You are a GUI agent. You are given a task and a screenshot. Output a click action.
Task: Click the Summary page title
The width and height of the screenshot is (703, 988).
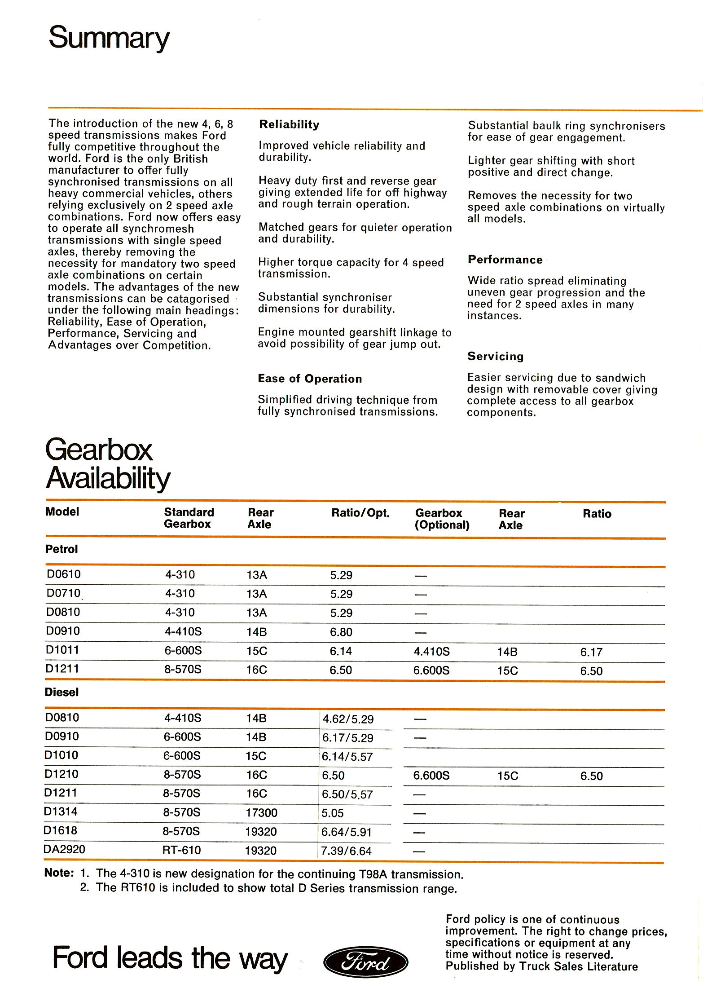[109, 39]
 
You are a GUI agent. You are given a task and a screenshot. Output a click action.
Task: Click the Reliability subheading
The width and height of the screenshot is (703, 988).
[289, 124]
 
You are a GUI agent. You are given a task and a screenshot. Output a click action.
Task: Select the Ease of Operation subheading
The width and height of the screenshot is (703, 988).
[310, 379]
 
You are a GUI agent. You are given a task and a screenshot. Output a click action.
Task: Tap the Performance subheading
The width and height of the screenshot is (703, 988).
[505, 260]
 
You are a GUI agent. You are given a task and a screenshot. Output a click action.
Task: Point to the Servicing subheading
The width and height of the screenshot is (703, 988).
[495, 356]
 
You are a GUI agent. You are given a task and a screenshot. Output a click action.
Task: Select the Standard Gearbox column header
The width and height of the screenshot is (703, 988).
[189, 518]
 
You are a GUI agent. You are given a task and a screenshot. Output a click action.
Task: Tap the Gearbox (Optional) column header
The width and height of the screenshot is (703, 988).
[442, 519]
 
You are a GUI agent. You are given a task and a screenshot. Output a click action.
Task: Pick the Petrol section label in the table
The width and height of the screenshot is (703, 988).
[62, 549]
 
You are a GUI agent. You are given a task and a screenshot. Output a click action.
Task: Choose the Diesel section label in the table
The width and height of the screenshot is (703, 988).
[62, 692]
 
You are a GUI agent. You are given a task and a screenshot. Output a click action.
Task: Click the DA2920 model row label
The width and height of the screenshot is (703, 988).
[64, 849]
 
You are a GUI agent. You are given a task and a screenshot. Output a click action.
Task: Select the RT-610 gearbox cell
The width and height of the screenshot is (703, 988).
[181, 850]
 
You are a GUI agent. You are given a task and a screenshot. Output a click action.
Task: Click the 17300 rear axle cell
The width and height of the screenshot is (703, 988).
[261, 812]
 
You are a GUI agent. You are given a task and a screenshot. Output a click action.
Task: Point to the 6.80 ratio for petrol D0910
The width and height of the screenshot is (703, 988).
[341, 632]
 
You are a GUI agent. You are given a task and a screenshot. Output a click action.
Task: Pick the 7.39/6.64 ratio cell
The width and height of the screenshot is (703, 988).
[346, 851]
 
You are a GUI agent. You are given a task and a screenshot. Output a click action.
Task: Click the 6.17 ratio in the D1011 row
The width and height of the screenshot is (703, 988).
[591, 652]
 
